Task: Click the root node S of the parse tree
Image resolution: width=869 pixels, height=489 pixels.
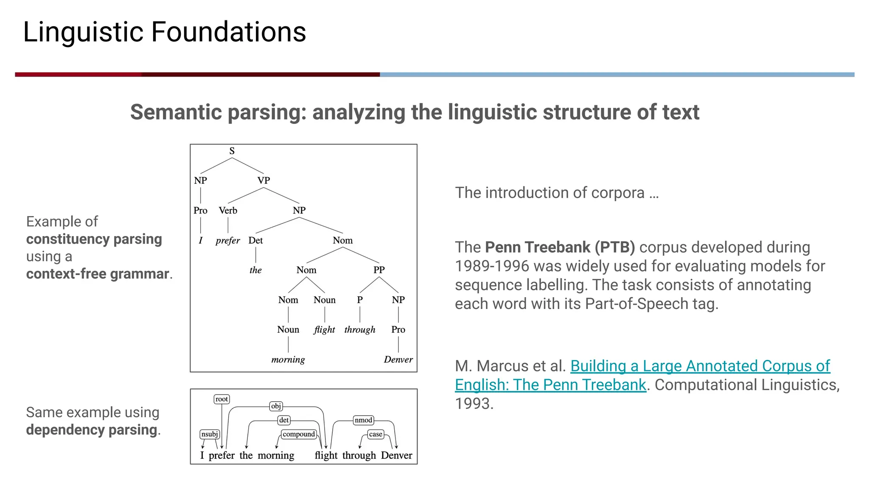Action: (232, 151)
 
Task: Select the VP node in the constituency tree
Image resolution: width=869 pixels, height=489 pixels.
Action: (264, 180)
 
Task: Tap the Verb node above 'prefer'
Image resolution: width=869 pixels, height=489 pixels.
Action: (228, 211)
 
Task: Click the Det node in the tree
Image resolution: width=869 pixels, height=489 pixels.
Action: (255, 240)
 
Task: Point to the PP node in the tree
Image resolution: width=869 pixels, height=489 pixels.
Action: (379, 270)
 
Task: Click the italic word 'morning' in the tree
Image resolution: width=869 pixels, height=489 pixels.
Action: (288, 360)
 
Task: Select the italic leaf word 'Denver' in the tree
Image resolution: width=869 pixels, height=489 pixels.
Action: (398, 360)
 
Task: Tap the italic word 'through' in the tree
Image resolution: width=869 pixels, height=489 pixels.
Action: (360, 330)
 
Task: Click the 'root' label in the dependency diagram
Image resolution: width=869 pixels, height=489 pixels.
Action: (221, 399)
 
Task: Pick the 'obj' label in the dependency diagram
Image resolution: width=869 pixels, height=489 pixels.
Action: (276, 406)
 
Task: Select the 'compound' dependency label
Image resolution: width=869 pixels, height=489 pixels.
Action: (299, 434)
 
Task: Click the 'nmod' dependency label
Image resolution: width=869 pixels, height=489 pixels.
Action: (363, 420)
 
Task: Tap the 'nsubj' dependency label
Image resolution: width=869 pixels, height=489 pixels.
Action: (210, 434)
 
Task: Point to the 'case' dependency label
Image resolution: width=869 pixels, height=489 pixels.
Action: (376, 434)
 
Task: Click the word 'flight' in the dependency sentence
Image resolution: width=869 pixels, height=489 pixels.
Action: (326, 455)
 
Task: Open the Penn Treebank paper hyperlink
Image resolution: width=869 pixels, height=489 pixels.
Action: (700, 366)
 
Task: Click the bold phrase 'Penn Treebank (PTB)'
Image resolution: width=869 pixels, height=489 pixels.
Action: (560, 247)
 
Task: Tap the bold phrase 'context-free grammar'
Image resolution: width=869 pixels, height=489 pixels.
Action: (98, 274)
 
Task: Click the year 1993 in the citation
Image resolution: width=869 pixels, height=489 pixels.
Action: (474, 403)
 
